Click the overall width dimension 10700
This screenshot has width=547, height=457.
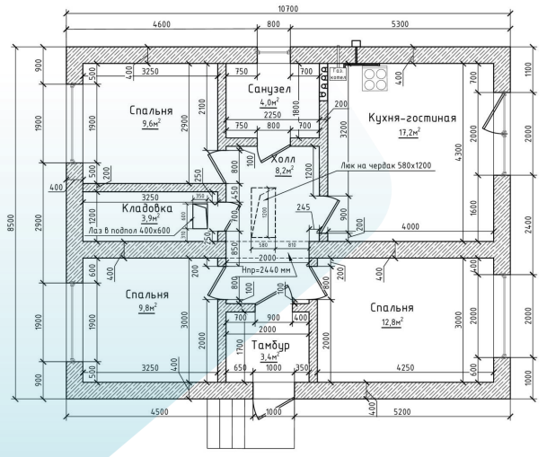[x=288, y=8]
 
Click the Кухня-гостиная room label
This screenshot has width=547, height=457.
[x=412, y=118]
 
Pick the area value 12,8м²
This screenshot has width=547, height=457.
[x=390, y=321]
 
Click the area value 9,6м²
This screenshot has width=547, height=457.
[x=150, y=125]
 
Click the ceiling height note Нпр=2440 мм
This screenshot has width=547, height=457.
[x=268, y=268]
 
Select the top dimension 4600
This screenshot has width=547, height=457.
[x=163, y=24]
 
